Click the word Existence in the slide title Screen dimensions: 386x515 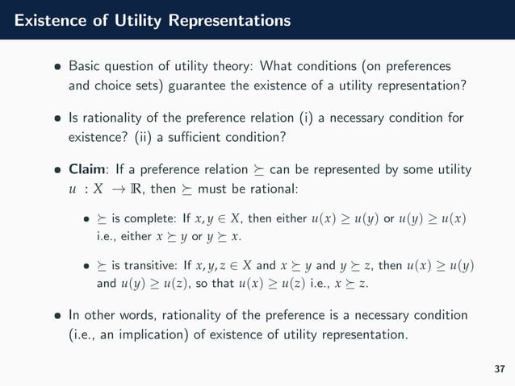click(x=46, y=18)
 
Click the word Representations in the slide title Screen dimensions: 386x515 click(x=228, y=18)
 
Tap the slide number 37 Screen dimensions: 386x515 click(x=498, y=368)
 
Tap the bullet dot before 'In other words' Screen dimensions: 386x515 click(x=57, y=314)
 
